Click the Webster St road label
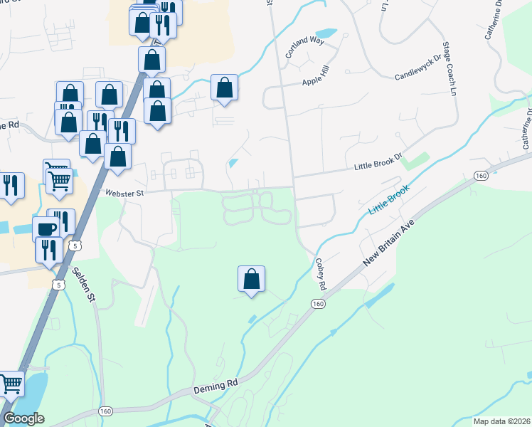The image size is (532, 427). tap(124, 192)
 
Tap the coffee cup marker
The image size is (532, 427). tap(47, 229)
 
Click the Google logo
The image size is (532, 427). tap(23, 418)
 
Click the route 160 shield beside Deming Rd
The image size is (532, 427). tap(105, 411)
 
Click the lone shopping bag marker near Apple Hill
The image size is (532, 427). tap(224, 88)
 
